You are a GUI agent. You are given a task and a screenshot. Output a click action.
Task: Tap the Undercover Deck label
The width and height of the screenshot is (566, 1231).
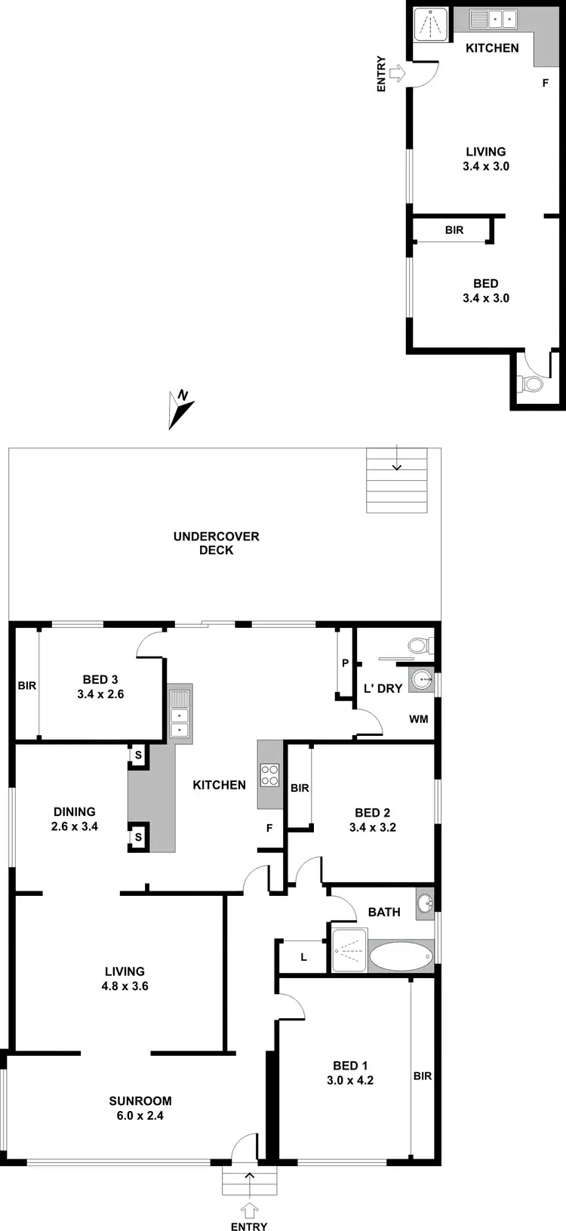[216, 543]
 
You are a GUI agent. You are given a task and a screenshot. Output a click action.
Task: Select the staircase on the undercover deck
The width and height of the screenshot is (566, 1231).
[396, 481]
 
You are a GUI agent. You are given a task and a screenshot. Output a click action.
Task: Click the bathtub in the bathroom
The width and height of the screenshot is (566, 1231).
[401, 956]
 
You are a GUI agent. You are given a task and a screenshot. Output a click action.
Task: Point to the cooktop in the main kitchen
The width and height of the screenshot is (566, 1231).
[270, 774]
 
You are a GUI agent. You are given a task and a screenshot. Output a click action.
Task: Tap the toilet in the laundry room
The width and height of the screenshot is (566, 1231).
[418, 646]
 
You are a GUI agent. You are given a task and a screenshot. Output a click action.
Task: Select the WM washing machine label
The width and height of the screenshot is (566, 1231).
[419, 719]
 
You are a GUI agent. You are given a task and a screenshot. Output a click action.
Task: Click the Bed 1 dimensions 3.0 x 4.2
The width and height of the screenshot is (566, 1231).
[350, 1080]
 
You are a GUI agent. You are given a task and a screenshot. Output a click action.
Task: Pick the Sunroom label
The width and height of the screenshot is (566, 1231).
[140, 1100]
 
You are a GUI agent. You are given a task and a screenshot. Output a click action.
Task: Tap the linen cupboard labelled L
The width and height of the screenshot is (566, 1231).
[303, 957]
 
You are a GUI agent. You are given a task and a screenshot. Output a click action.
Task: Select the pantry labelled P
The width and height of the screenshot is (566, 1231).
[345, 663]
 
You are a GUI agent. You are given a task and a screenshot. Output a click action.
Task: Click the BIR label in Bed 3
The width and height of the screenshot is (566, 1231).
[27, 686]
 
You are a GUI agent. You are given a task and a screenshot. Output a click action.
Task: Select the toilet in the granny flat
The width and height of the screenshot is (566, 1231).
[533, 384]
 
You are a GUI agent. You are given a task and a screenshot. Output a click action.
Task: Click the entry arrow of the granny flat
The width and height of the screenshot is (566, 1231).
[398, 73]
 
